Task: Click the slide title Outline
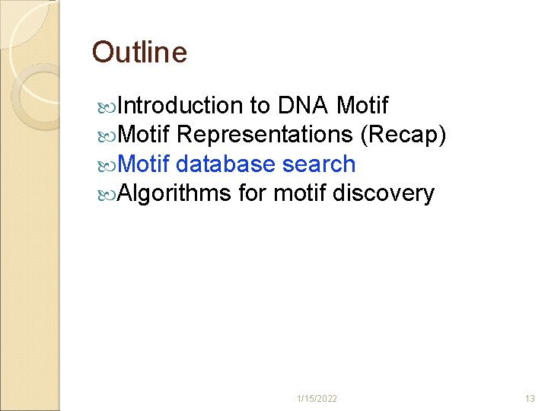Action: [139, 53]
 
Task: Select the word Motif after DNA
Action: [362, 105]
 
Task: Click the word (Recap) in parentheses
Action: [403, 135]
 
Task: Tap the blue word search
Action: [319, 164]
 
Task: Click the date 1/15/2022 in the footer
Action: [318, 399]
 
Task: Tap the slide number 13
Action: [530, 399]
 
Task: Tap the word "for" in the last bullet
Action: [252, 193]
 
